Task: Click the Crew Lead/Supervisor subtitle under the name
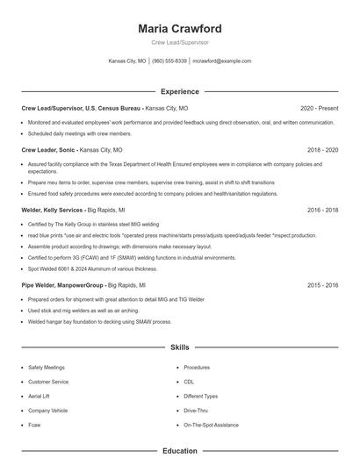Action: click(x=179, y=42)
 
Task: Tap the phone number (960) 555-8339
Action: click(x=169, y=61)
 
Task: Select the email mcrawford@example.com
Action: click(x=222, y=61)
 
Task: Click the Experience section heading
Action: click(x=179, y=91)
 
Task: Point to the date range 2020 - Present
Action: click(x=319, y=108)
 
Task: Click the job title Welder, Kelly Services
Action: click(x=52, y=211)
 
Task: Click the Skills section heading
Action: click(x=179, y=348)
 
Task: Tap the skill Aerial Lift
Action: click(x=40, y=396)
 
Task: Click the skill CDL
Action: click(x=189, y=382)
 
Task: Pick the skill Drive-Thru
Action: click(x=197, y=410)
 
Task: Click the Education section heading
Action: click(x=179, y=451)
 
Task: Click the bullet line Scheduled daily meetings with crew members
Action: click(x=79, y=133)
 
